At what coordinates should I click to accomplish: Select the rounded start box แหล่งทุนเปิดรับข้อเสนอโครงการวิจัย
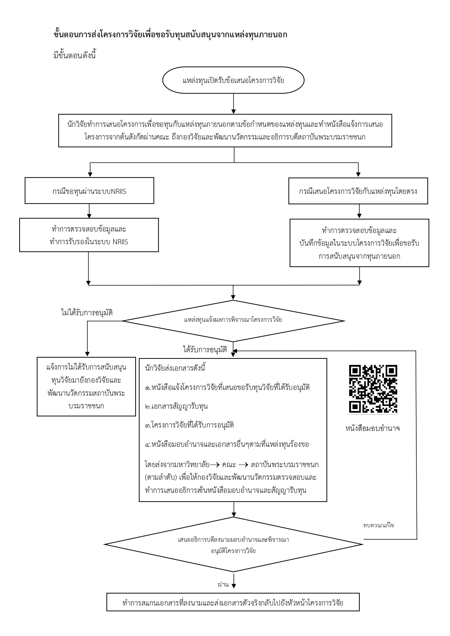pyautogui.click(x=233, y=81)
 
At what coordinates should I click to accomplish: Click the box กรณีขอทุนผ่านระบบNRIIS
pyautogui.click(x=89, y=191)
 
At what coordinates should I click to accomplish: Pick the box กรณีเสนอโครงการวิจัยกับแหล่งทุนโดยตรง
pyautogui.click(x=358, y=191)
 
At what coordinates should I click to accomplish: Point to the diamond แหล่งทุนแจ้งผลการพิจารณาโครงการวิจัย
pyautogui.click(x=233, y=320)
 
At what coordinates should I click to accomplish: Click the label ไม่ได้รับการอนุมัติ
pyautogui.click(x=87, y=312)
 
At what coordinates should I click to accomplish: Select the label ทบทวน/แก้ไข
pyautogui.click(x=378, y=525)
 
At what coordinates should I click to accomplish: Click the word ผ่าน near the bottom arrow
pyautogui.click(x=223, y=585)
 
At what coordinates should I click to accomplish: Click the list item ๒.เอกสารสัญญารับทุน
pyautogui.click(x=176, y=406)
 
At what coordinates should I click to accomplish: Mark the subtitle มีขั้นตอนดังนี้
pyautogui.click(x=74, y=56)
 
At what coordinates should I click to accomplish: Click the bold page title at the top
pyautogui.click(x=170, y=35)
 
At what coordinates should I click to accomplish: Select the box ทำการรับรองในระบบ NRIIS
pyautogui.click(x=89, y=235)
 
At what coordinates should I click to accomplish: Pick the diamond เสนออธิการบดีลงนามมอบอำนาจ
pyautogui.click(x=233, y=545)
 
